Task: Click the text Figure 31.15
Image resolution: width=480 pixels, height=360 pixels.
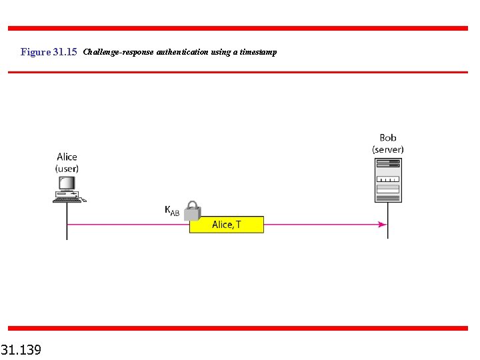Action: [x=49, y=52]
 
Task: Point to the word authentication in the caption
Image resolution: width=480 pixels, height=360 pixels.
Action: [x=182, y=52]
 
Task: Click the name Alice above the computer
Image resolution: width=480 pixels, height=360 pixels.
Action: [x=67, y=157]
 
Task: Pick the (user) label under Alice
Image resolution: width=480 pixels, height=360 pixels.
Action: [x=67, y=169]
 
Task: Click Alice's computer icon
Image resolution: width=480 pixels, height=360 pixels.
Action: [x=67, y=189]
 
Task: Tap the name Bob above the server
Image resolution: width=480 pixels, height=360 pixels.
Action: [x=387, y=138]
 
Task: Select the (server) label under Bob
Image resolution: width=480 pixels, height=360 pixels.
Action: [x=387, y=149]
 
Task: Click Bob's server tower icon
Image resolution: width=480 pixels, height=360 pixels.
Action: [x=387, y=179]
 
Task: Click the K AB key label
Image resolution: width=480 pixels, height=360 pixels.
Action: [x=172, y=211]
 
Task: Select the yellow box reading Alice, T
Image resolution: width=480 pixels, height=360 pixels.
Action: [x=227, y=225]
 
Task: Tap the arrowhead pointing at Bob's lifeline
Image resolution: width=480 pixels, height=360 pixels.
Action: [x=383, y=225]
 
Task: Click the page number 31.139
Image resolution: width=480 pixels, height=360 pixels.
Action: [x=21, y=349]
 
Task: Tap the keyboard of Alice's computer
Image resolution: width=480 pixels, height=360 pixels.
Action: [x=67, y=199]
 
